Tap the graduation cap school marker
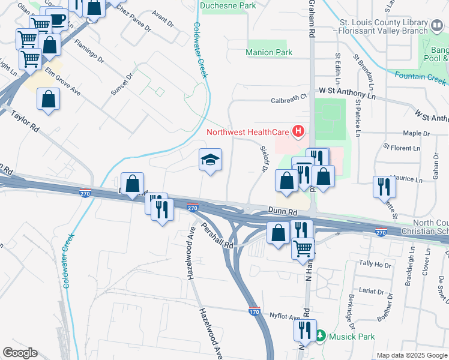(x=210, y=160)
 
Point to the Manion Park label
(x=269, y=53)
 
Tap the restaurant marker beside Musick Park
(x=304, y=331)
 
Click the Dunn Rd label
(x=283, y=212)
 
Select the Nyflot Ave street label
(x=285, y=316)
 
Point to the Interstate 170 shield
(x=255, y=311)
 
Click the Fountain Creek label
(x=420, y=77)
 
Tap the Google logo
(x=20, y=353)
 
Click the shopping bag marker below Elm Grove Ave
(x=48, y=100)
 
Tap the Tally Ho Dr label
(x=375, y=263)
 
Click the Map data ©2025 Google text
(x=411, y=355)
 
